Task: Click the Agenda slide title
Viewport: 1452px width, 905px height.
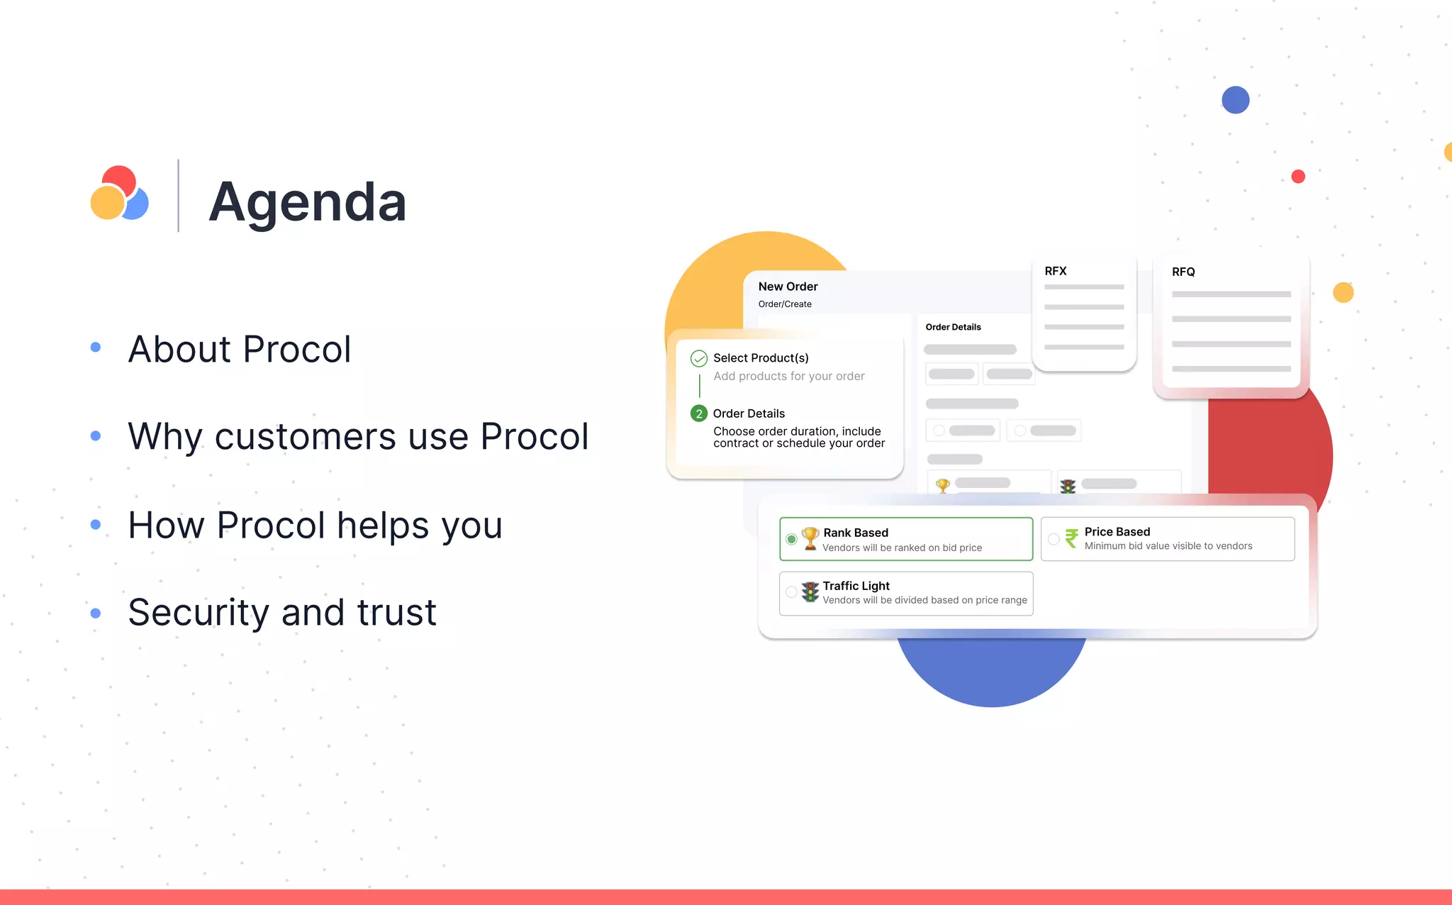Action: pos(307,202)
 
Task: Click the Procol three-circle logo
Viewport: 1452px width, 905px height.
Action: pos(119,194)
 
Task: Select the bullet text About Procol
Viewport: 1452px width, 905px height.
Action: pos(239,349)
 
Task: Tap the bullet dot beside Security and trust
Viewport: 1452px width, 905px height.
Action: pos(96,613)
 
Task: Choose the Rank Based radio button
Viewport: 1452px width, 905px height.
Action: pos(791,539)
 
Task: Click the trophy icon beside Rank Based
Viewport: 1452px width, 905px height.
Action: pos(810,538)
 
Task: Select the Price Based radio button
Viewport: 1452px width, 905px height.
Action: pos(1054,539)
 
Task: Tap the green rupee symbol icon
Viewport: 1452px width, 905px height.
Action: pos(1071,538)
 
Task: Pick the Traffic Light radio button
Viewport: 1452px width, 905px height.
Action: pos(791,592)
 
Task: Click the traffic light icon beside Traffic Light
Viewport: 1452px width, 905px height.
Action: pos(810,592)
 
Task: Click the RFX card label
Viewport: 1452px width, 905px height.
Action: pos(1055,271)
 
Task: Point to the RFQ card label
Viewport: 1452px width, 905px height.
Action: pos(1183,272)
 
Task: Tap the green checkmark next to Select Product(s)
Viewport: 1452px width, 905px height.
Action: pos(699,358)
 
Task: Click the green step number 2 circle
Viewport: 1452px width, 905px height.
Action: pos(699,413)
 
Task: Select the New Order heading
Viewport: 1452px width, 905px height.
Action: pos(788,287)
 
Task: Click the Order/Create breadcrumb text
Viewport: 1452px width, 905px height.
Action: pos(785,304)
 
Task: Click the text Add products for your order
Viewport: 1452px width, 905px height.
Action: pos(788,376)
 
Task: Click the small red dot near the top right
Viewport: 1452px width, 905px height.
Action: pos(1298,177)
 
